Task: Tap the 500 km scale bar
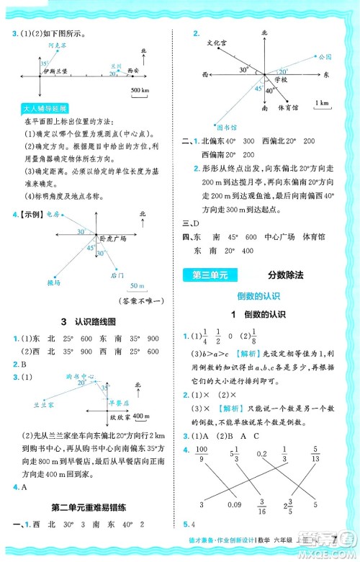point(140,89)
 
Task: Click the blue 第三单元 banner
point(210,273)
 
